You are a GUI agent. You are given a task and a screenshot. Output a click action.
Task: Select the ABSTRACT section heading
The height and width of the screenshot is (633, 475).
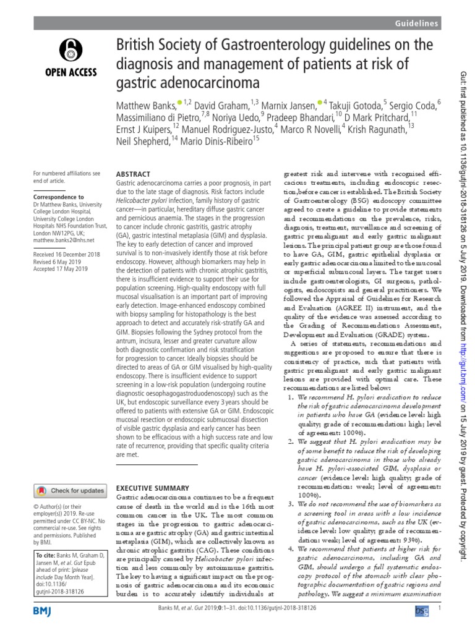point(133,176)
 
